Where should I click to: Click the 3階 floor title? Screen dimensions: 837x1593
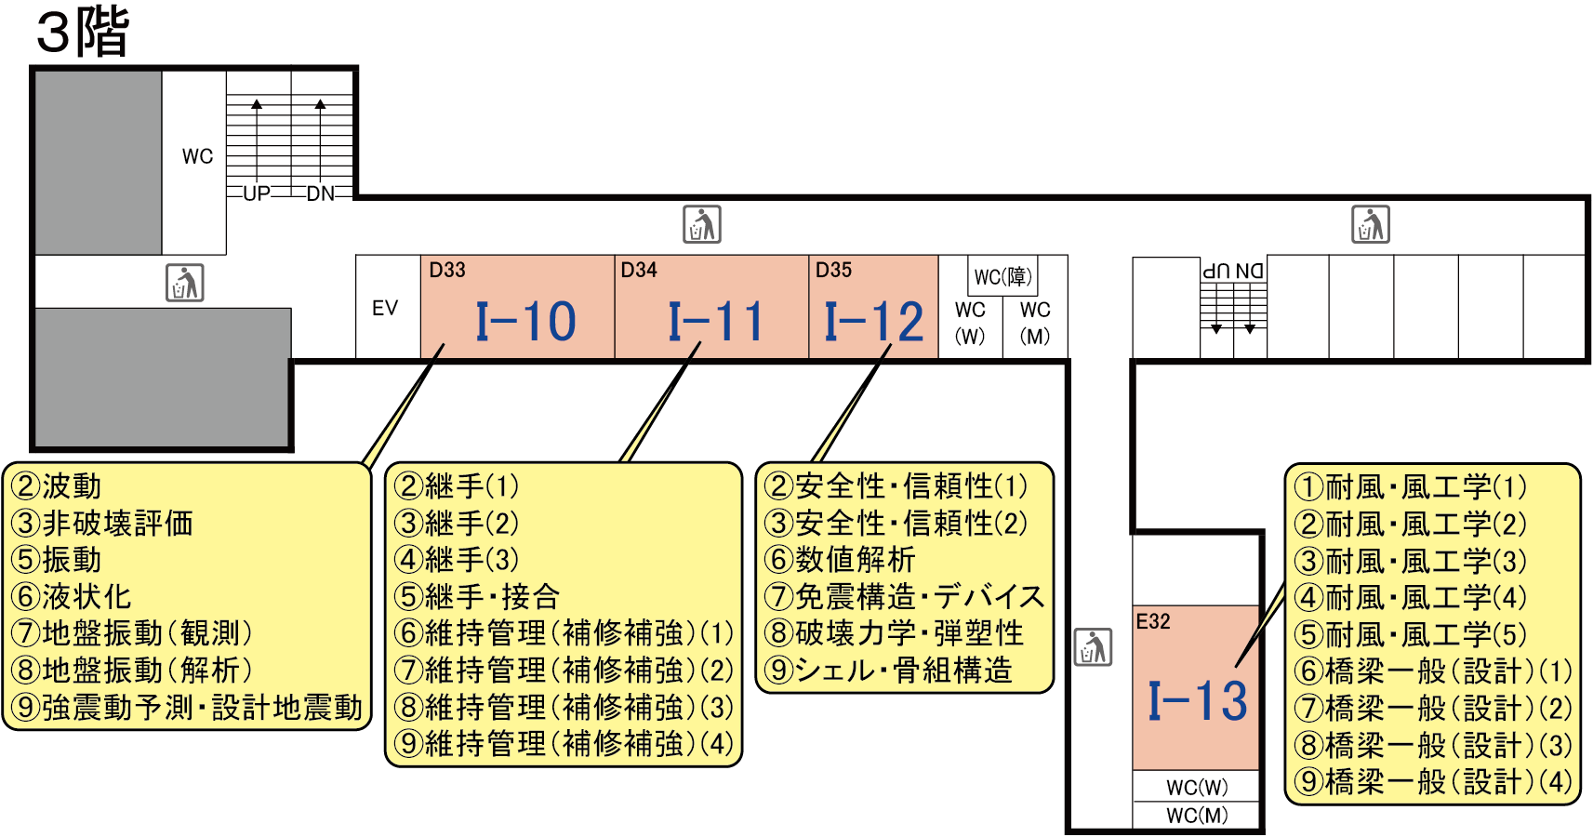coord(82,32)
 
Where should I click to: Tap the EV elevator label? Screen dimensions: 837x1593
coord(385,309)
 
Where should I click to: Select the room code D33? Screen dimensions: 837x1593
coord(447,271)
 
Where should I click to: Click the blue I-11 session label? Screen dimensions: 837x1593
coord(715,322)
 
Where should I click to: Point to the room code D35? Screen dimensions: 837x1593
coord(833,271)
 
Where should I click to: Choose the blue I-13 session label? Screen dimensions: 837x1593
coord(1197,701)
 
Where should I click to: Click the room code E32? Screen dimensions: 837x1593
coord(1153,621)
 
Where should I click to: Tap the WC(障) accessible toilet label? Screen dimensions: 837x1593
coord(1002,277)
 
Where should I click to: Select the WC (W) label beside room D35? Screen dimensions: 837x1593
coord(970,323)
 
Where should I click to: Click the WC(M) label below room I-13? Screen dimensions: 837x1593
coord(1197,816)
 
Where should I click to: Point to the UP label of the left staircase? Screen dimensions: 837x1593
coord(257,193)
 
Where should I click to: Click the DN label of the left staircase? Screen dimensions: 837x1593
coord(321,193)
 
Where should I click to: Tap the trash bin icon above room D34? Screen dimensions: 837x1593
coord(702,224)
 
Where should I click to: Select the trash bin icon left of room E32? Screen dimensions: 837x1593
coord(1094,647)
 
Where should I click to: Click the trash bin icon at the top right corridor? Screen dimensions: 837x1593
coord(1371,224)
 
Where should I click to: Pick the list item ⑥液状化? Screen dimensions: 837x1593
coord(72,597)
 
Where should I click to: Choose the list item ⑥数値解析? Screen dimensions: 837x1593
coord(840,560)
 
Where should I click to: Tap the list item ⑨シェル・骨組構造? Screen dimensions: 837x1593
coord(888,671)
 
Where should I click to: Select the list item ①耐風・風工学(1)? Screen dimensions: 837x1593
coord(1410,486)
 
